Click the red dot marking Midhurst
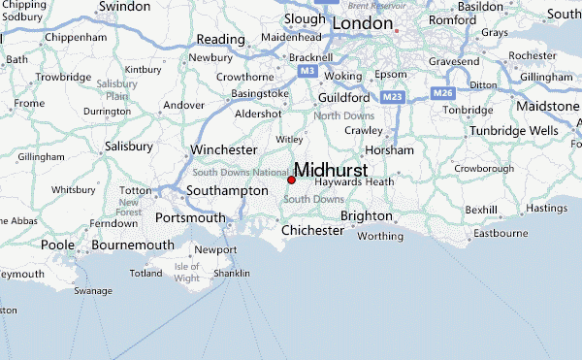(291, 180)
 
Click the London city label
(363, 22)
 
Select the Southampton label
(226, 191)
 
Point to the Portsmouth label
(190, 218)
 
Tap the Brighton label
(366, 216)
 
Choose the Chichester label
(311, 231)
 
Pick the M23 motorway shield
(392, 97)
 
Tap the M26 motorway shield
(443, 92)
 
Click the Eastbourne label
(499, 234)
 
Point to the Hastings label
(546, 208)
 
